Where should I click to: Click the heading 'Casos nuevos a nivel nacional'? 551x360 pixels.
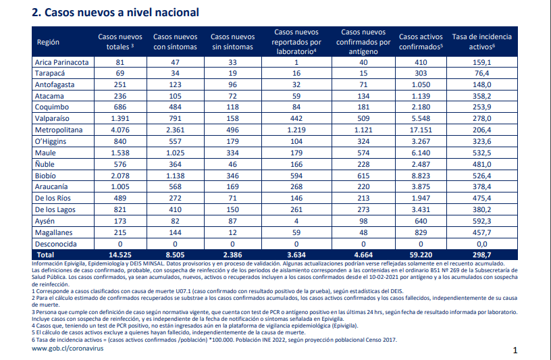[122, 12]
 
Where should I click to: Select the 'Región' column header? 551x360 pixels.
[48, 42]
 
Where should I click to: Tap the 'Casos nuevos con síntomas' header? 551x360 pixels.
[176, 42]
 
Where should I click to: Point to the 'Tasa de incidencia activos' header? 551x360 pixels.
[481, 42]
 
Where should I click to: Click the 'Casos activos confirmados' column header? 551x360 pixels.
[421, 42]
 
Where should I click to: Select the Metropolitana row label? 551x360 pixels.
[59, 130]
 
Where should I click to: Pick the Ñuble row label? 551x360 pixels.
[45, 164]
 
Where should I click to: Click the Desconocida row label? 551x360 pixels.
[55, 244]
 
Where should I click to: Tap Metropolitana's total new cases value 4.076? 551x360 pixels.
[120, 130]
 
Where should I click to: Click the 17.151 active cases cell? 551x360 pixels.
[421, 130]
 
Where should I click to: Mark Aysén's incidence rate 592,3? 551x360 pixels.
[481, 221]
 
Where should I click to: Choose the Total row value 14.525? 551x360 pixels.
[120, 255]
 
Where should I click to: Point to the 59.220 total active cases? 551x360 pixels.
[421, 255]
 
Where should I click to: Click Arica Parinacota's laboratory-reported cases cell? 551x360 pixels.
[296, 63]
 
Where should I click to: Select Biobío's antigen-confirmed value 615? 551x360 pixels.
[363, 176]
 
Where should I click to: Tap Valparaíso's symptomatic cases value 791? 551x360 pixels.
[175, 118]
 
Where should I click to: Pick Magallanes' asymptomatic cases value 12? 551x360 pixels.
[232, 233]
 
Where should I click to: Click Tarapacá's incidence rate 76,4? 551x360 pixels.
[481, 74]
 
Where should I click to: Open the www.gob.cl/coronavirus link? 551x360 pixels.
[68, 349]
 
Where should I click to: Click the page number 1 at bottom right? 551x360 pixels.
[515, 350]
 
